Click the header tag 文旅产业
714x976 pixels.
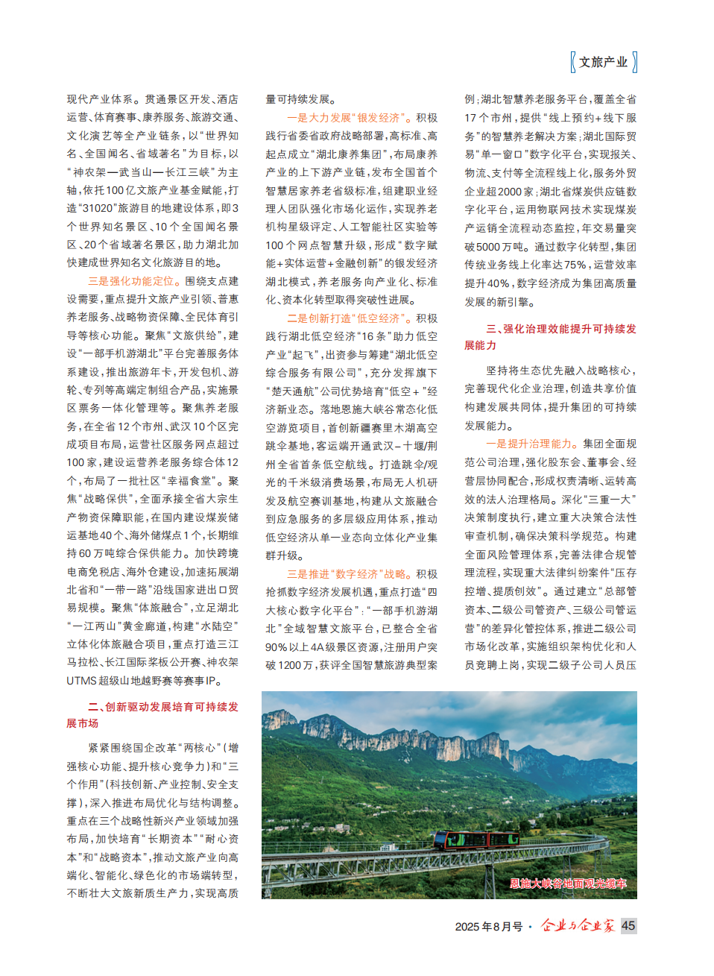[604, 62]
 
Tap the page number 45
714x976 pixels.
[628, 925]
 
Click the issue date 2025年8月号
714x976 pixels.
[488, 926]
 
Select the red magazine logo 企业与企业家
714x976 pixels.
[578, 925]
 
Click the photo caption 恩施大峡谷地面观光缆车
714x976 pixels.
[568, 884]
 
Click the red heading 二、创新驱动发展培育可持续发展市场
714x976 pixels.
[153, 714]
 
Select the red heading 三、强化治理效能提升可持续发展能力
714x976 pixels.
[550, 336]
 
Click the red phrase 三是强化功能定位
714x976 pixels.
[130, 281]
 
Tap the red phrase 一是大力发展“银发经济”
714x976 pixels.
[349, 118]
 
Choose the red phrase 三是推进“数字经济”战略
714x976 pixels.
[349, 574]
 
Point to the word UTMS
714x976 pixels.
[82, 681]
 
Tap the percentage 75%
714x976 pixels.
[575, 265]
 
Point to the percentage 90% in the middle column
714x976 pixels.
[277, 647]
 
